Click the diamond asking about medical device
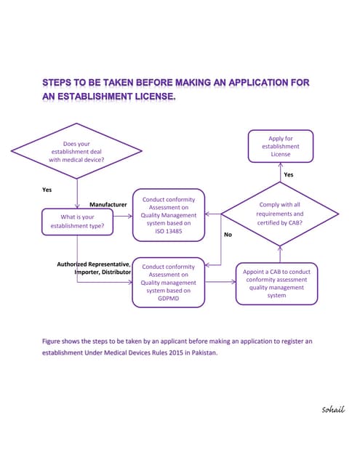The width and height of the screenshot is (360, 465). tap(76, 152)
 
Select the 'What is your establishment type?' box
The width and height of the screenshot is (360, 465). tap(77, 222)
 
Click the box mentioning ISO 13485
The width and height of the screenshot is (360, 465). tap(168, 215)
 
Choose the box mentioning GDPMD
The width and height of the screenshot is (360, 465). tap(168, 283)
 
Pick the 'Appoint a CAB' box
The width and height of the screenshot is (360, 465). tap(276, 283)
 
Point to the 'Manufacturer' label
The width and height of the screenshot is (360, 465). tap(108, 205)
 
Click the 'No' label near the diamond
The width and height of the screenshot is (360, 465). tap(228, 235)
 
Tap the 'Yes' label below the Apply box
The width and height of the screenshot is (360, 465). tap(288, 175)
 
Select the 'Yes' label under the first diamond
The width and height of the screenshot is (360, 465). tap(47, 190)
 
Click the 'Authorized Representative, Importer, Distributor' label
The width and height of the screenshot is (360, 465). tap(95, 268)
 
